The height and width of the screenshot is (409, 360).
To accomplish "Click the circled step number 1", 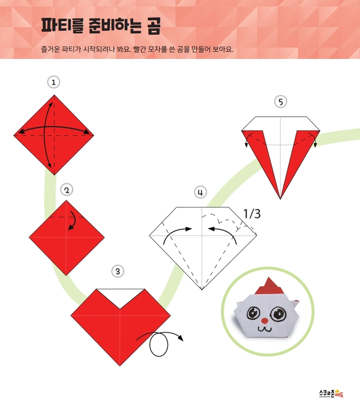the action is click(54, 82).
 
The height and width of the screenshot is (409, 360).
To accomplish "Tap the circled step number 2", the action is click(67, 190).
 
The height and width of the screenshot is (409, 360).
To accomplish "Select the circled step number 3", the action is click(118, 271).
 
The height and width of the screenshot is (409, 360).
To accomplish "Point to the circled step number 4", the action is click(200, 192).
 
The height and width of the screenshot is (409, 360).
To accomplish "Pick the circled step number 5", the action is click(281, 102).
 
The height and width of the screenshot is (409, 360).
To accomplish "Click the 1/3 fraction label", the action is click(252, 214).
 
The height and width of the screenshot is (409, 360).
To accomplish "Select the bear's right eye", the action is click(278, 314).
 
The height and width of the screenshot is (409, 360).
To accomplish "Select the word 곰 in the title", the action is click(154, 26).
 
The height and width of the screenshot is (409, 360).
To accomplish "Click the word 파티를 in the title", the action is click(62, 25).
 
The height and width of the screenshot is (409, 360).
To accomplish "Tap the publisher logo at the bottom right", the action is click(331, 393).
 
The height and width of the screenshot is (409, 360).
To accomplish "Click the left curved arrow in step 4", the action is click(175, 232).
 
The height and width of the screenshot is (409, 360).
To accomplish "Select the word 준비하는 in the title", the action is click(115, 26).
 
